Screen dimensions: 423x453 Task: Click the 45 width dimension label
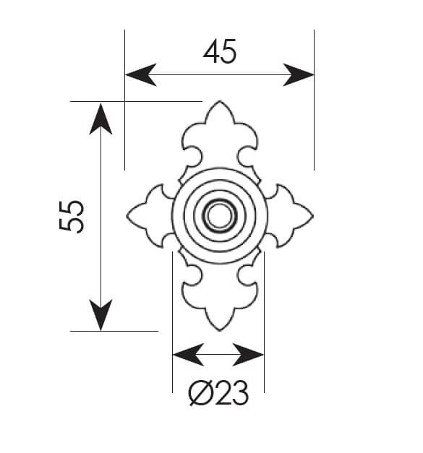(x=220, y=51)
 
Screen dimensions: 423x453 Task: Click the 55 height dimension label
(x=72, y=217)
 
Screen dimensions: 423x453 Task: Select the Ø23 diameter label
(x=218, y=393)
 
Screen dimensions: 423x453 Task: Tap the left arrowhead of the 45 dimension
(x=141, y=75)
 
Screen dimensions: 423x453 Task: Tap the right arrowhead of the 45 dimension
(x=299, y=75)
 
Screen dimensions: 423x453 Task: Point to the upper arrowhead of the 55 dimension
(x=101, y=119)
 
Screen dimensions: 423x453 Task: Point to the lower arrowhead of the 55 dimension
(x=101, y=315)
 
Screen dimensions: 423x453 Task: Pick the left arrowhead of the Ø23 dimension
(x=188, y=355)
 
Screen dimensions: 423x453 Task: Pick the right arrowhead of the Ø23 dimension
(x=248, y=355)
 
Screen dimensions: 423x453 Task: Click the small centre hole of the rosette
(x=219, y=216)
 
